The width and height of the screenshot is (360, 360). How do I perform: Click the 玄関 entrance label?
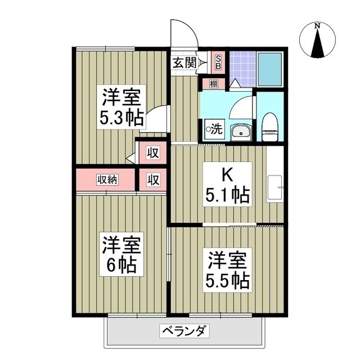pos(184,62)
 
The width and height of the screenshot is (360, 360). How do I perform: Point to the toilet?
pos(271,125)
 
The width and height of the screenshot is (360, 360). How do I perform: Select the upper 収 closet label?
pos(152,152)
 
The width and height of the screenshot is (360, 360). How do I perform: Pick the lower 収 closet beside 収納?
pos(152,180)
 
